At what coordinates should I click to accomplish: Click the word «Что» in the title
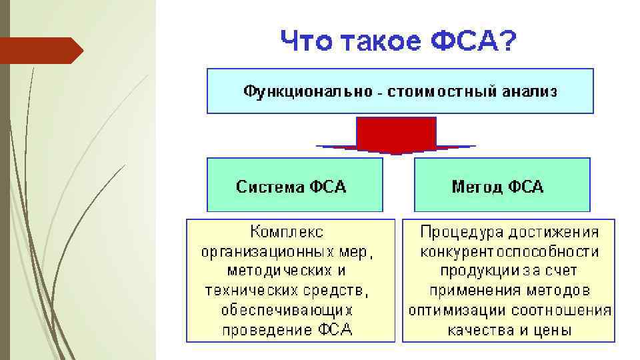[x=305, y=42]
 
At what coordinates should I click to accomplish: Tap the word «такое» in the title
[x=380, y=42]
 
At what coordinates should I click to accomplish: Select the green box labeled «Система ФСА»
[x=295, y=185]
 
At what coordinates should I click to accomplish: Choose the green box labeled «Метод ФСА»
[x=502, y=185]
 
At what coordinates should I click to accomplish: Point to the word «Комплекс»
[x=287, y=232]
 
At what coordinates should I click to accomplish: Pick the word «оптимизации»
[x=458, y=311]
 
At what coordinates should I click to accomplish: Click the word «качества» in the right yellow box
[x=480, y=330]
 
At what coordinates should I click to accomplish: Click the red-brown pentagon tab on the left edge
[x=40, y=51]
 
